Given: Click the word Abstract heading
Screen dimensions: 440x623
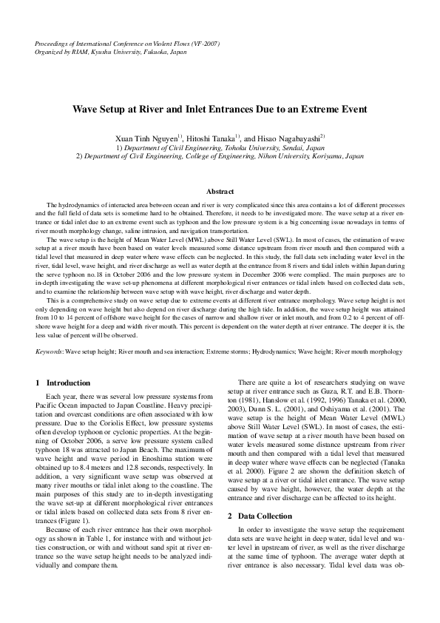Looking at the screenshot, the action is click(220, 192).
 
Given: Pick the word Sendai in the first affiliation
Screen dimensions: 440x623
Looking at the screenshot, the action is click(305, 148).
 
